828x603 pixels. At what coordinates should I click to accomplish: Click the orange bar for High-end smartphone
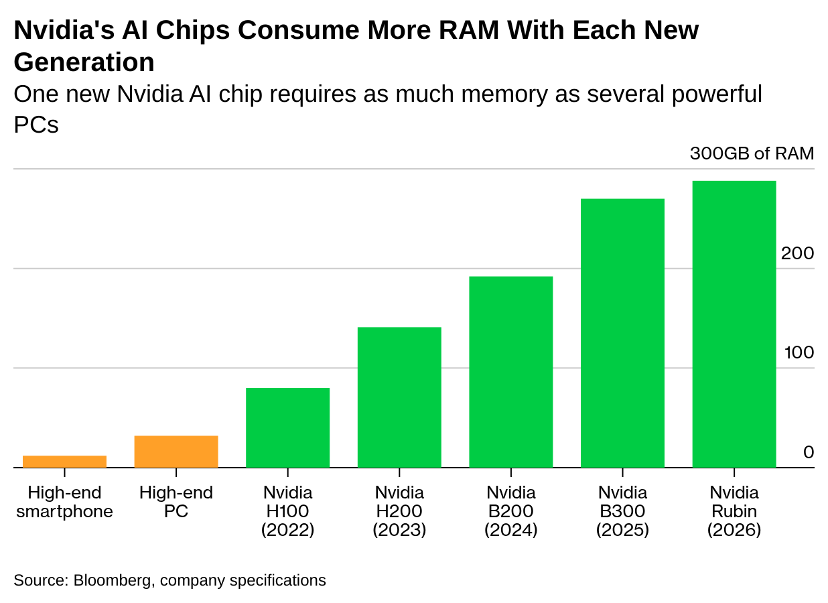[x=64, y=461]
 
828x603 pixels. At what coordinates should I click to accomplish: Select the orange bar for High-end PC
[x=176, y=452]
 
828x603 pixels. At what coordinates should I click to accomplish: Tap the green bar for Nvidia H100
[x=287, y=427]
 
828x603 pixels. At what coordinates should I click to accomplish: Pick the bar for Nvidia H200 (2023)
[x=399, y=397]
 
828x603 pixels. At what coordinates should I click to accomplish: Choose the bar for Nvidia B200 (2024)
[x=510, y=371]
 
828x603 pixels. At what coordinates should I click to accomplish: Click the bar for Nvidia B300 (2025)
[x=622, y=332]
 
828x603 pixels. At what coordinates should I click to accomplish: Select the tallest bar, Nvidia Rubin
[x=734, y=324]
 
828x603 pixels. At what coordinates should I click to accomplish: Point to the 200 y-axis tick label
[x=797, y=253]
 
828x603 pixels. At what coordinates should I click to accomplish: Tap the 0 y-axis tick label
[x=809, y=452]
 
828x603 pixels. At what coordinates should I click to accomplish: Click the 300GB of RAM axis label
[x=752, y=153]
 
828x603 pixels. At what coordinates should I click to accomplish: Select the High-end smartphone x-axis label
[x=64, y=503]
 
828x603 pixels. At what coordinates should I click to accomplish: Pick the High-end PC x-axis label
[x=176, y=503]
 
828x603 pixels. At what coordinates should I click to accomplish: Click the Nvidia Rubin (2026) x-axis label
[x=734, y=511]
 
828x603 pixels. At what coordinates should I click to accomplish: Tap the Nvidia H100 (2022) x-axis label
[x=288, y=511]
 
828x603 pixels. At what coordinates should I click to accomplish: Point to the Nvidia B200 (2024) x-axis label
[x=511, y=511]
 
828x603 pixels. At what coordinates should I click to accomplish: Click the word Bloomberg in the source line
[x=112, y=580]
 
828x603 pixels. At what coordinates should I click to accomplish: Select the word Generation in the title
[x=84, y=62]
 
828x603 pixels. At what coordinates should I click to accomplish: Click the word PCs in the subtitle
[x=36, y=125]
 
